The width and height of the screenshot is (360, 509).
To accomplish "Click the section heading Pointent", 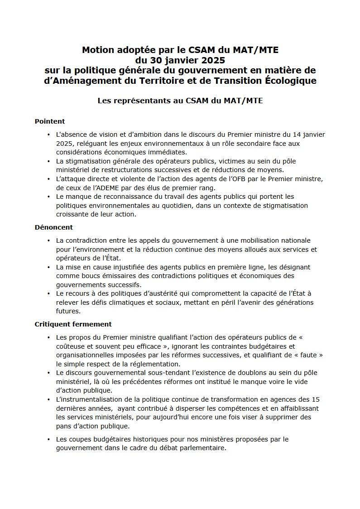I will pyautogui.click(x=50, y=121).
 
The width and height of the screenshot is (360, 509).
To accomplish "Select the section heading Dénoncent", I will pyautogui.click(x=54, y=227).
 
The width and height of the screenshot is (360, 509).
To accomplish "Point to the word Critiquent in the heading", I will pyautogui.click(x=54, y=324).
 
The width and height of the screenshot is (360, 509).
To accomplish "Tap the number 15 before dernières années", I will pyautogui.click(x=316, y=399).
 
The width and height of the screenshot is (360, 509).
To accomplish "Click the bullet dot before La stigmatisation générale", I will pyautogui.click(x=48, y=161).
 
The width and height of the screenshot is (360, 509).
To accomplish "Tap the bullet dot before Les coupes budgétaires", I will pyautogui.click(x=48, y=439).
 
